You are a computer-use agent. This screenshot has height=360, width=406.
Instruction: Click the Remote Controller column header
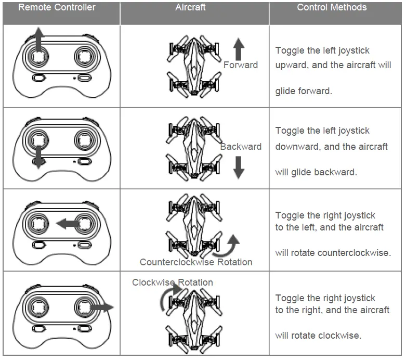tap(57, 7)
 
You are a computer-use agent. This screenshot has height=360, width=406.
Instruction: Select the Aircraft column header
tap(190, 7)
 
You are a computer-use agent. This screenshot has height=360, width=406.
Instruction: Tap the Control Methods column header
tap(332, 7)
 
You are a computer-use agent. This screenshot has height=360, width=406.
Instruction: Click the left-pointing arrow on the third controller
tap(67, 224)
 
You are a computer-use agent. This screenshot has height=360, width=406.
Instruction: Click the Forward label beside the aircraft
tap(240, 65)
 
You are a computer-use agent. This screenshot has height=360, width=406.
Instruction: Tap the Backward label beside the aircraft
tap(240, 147)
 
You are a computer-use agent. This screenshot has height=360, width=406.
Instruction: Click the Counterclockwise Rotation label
tap(196, 262)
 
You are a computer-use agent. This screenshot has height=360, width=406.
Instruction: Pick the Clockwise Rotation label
tap(172, 282)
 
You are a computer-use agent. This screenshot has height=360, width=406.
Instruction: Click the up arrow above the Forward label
tap(239, 49)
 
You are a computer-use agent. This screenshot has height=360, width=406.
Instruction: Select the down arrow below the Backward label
tap(239, 167)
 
